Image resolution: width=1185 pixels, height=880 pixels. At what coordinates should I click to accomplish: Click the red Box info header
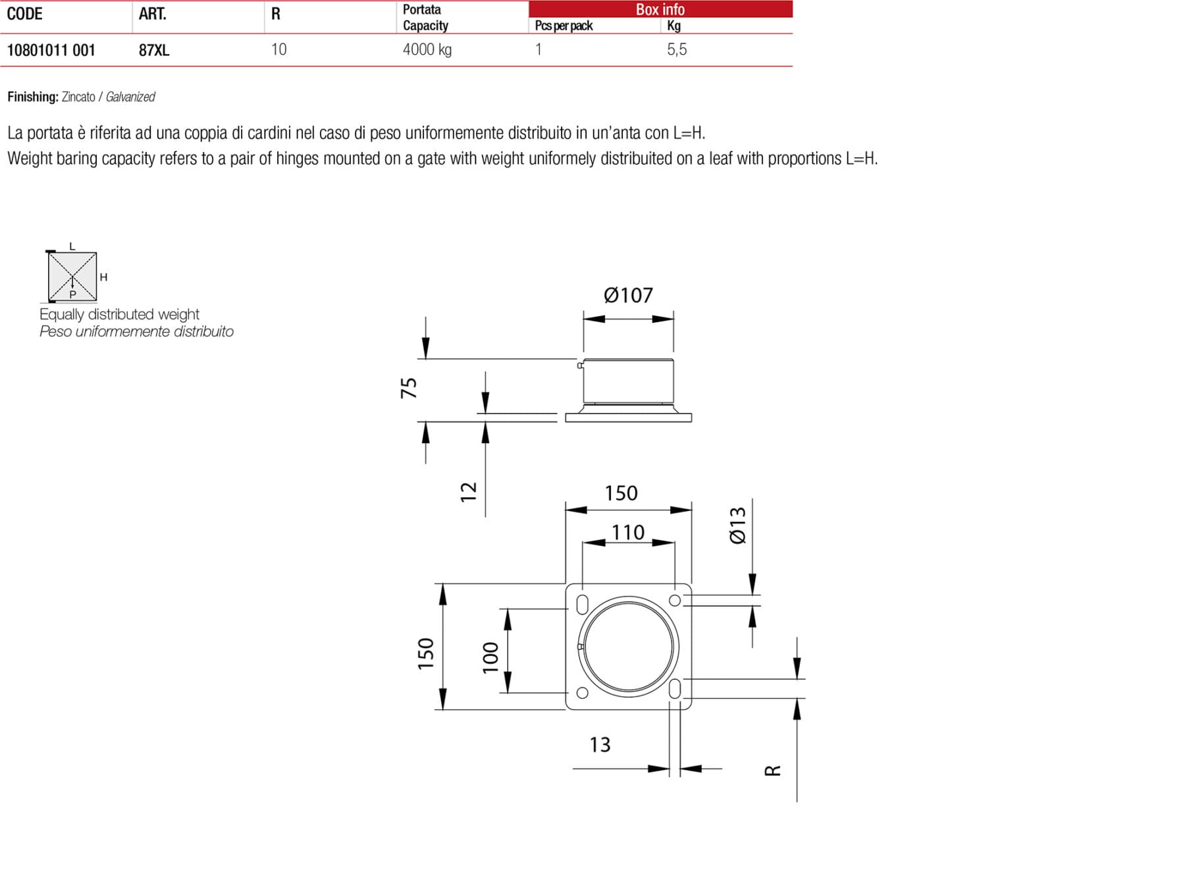click(660, 9)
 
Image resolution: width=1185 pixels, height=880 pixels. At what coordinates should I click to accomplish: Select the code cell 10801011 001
click(51, 50)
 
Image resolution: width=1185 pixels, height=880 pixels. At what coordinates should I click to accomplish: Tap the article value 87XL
click(153, 50)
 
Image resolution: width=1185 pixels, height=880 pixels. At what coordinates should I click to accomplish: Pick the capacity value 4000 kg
click(427, 49)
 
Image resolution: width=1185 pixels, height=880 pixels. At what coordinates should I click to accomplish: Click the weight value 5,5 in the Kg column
click(676, 49)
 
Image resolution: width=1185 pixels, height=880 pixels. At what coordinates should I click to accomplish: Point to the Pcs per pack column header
click(564, 26)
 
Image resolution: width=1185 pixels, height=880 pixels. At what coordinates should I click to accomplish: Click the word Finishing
click(33, 97)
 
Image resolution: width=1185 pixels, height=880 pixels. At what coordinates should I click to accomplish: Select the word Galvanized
click(130, 97)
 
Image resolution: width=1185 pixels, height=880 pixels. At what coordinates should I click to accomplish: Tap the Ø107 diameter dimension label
click(627, 295)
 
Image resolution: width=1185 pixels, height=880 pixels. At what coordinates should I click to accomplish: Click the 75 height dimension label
click(409, 387)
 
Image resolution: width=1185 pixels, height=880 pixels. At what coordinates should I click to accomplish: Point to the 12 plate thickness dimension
click(468, 491)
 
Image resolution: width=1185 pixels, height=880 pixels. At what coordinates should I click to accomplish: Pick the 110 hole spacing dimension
click(627, 532)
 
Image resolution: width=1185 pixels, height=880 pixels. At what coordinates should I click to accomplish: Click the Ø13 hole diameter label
click(738, 525)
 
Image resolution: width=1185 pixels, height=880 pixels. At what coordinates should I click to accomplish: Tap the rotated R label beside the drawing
click(772, 770)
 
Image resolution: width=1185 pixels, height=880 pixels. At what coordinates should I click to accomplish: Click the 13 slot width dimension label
click(599, 744)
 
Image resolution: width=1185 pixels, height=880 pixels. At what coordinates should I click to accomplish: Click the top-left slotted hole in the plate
click(582, 604)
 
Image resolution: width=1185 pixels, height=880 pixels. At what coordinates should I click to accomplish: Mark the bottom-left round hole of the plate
click(582, 692)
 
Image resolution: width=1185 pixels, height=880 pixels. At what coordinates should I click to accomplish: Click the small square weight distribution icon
click(72, 276)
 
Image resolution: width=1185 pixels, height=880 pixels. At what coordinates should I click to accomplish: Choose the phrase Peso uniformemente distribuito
click(136, 331)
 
